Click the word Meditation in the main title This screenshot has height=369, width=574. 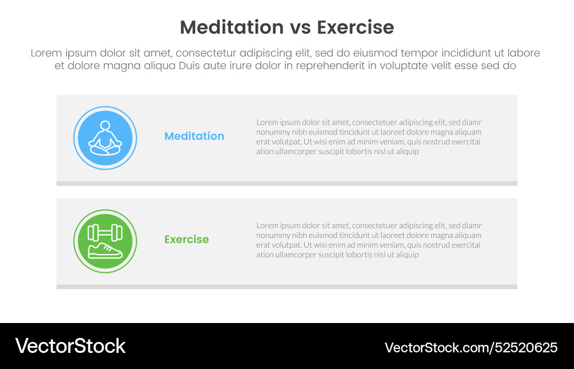tap(231, 28)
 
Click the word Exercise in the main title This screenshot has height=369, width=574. tap(356, 28)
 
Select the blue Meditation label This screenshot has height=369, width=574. tap(194, 136)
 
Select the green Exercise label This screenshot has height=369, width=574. tap(187, 240)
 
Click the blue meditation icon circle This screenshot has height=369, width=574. tap(105, 138)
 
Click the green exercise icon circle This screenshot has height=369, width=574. tap(105, 241)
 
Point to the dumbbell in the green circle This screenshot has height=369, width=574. tap(105, 232)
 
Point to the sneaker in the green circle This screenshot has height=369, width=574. tap(105, 251)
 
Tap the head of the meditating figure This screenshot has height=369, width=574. tap(105, 125)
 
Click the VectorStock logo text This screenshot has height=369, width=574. tap(70, 346)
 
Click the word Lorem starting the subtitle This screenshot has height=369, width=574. tap(46, 53)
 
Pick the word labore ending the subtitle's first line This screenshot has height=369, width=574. tap(523, 53)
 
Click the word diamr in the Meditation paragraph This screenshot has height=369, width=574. tap(472, 122)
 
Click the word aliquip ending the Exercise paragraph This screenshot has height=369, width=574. tap(406, 255)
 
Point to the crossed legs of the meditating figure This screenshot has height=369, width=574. tap(105, 149)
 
